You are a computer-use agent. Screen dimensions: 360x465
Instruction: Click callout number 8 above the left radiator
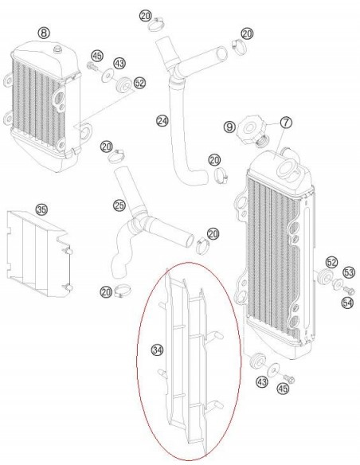pyautogui.click(x=44, y=33)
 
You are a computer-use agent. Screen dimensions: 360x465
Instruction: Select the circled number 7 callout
pyautogui.click(x=286, y=122)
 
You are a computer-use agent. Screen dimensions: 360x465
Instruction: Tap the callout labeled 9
pyautogui.click(x=229, y=127)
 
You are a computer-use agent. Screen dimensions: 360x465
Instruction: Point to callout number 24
pyautogui.click(x=162, y=121)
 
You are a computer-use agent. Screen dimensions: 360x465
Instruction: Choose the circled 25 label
pyautogui.click(x=119, y=205)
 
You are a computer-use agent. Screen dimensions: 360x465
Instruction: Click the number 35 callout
pyautogui.click(x=41, y=209)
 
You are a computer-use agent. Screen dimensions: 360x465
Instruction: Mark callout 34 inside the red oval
pyautogui.click(x=157, y=350)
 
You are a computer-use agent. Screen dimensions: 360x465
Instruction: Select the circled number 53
pyautogui.click(x=349, y=272)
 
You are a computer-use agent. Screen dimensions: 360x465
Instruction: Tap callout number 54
pyautogui.click(x=347, y=303)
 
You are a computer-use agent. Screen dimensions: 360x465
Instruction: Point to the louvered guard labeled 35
pyautogui.click(x=39, y=254)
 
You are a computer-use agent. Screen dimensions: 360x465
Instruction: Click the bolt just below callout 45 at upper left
pyautogui.click(x=92, y=66)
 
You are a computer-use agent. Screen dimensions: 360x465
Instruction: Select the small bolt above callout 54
pyautogui.click(x=350, y=290)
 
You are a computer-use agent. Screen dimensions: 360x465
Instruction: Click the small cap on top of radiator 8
pyautogui.click(x=57, y=49)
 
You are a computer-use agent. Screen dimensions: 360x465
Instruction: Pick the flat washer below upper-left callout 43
pyautogui.click(x=108, y=76)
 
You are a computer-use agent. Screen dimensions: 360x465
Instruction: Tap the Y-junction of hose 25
pyautogui.click(x=139, y=221)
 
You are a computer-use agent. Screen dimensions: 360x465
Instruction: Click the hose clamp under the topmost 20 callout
pyautogui.click(x=156, y=25)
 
